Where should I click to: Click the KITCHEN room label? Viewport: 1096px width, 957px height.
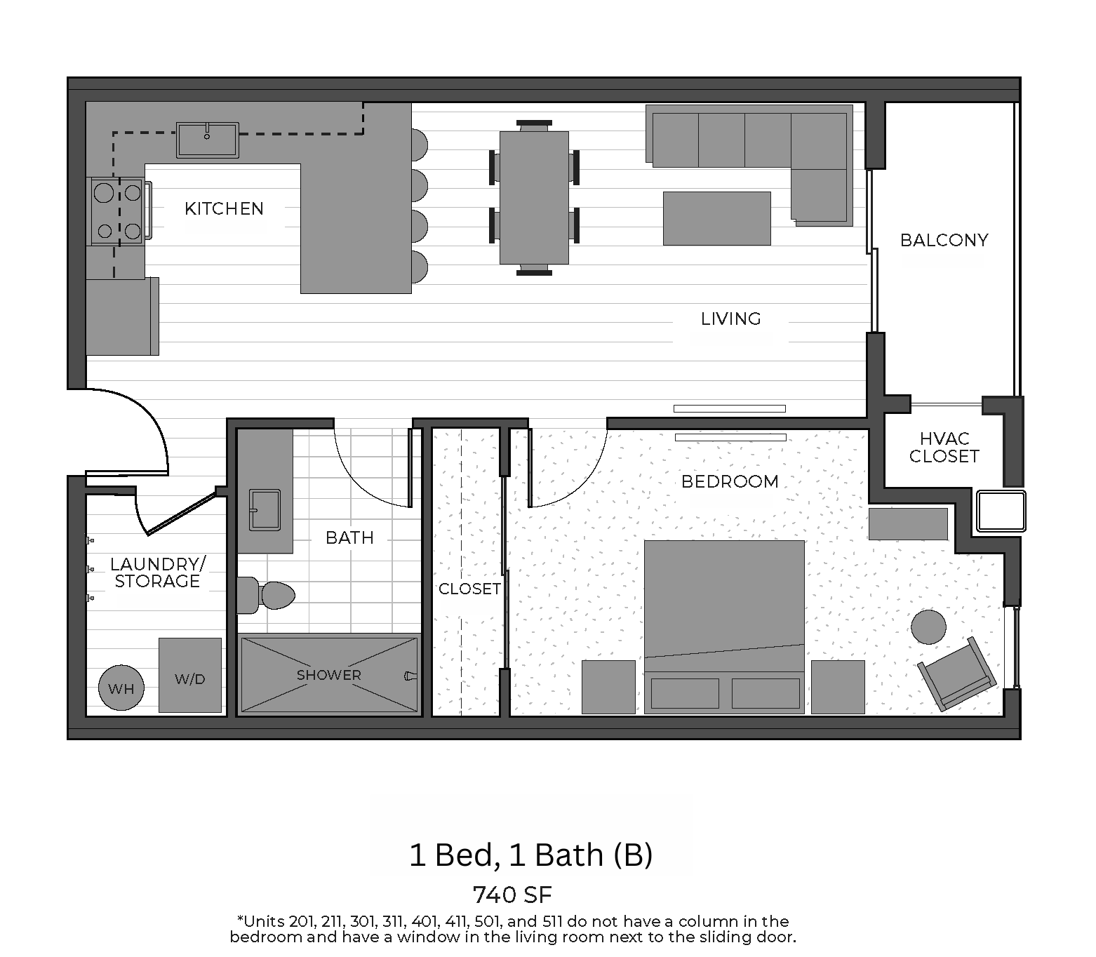(224, 208)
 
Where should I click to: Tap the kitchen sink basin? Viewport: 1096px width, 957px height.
(207, 140)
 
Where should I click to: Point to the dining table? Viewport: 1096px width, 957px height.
(534, 197)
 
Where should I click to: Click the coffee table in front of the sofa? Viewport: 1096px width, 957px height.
(716, 218)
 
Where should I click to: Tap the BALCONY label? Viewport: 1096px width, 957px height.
(944, 240)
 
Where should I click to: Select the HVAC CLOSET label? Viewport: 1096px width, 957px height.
(944, 447)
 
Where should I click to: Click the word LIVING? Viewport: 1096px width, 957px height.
(730, 319)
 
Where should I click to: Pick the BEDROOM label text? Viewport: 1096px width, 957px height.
(730, 481)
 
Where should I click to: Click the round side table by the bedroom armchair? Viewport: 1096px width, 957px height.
(928, 627)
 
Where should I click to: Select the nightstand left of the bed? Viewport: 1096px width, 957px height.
(608, 687)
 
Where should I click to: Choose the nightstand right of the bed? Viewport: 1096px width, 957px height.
(838, 687)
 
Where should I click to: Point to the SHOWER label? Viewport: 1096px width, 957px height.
(328, 675)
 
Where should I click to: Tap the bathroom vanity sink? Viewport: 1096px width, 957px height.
(265, 509)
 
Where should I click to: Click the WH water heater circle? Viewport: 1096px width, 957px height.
(121, 688)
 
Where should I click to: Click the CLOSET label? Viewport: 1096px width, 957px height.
(469, 589)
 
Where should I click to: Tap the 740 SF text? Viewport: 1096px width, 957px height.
(512, 895)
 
